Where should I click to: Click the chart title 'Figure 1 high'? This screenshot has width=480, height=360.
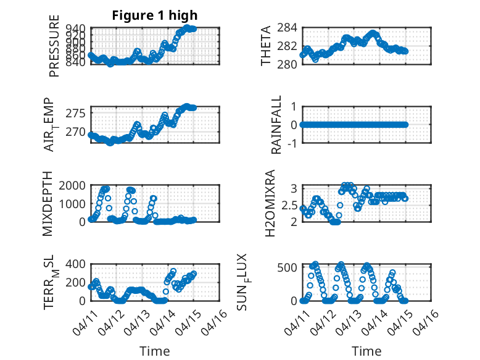click(154, 15)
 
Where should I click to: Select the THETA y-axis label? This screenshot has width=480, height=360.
click(266, 46)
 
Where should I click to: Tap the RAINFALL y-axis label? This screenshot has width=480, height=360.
click(277, 125)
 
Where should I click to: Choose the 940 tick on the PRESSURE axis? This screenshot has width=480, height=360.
click(78, 28)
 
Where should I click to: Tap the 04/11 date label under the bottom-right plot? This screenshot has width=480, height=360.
click(297, 321)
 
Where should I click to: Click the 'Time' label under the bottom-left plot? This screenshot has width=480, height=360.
click(155, 351)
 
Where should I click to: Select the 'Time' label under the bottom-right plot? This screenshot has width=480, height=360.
click(366, 351)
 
